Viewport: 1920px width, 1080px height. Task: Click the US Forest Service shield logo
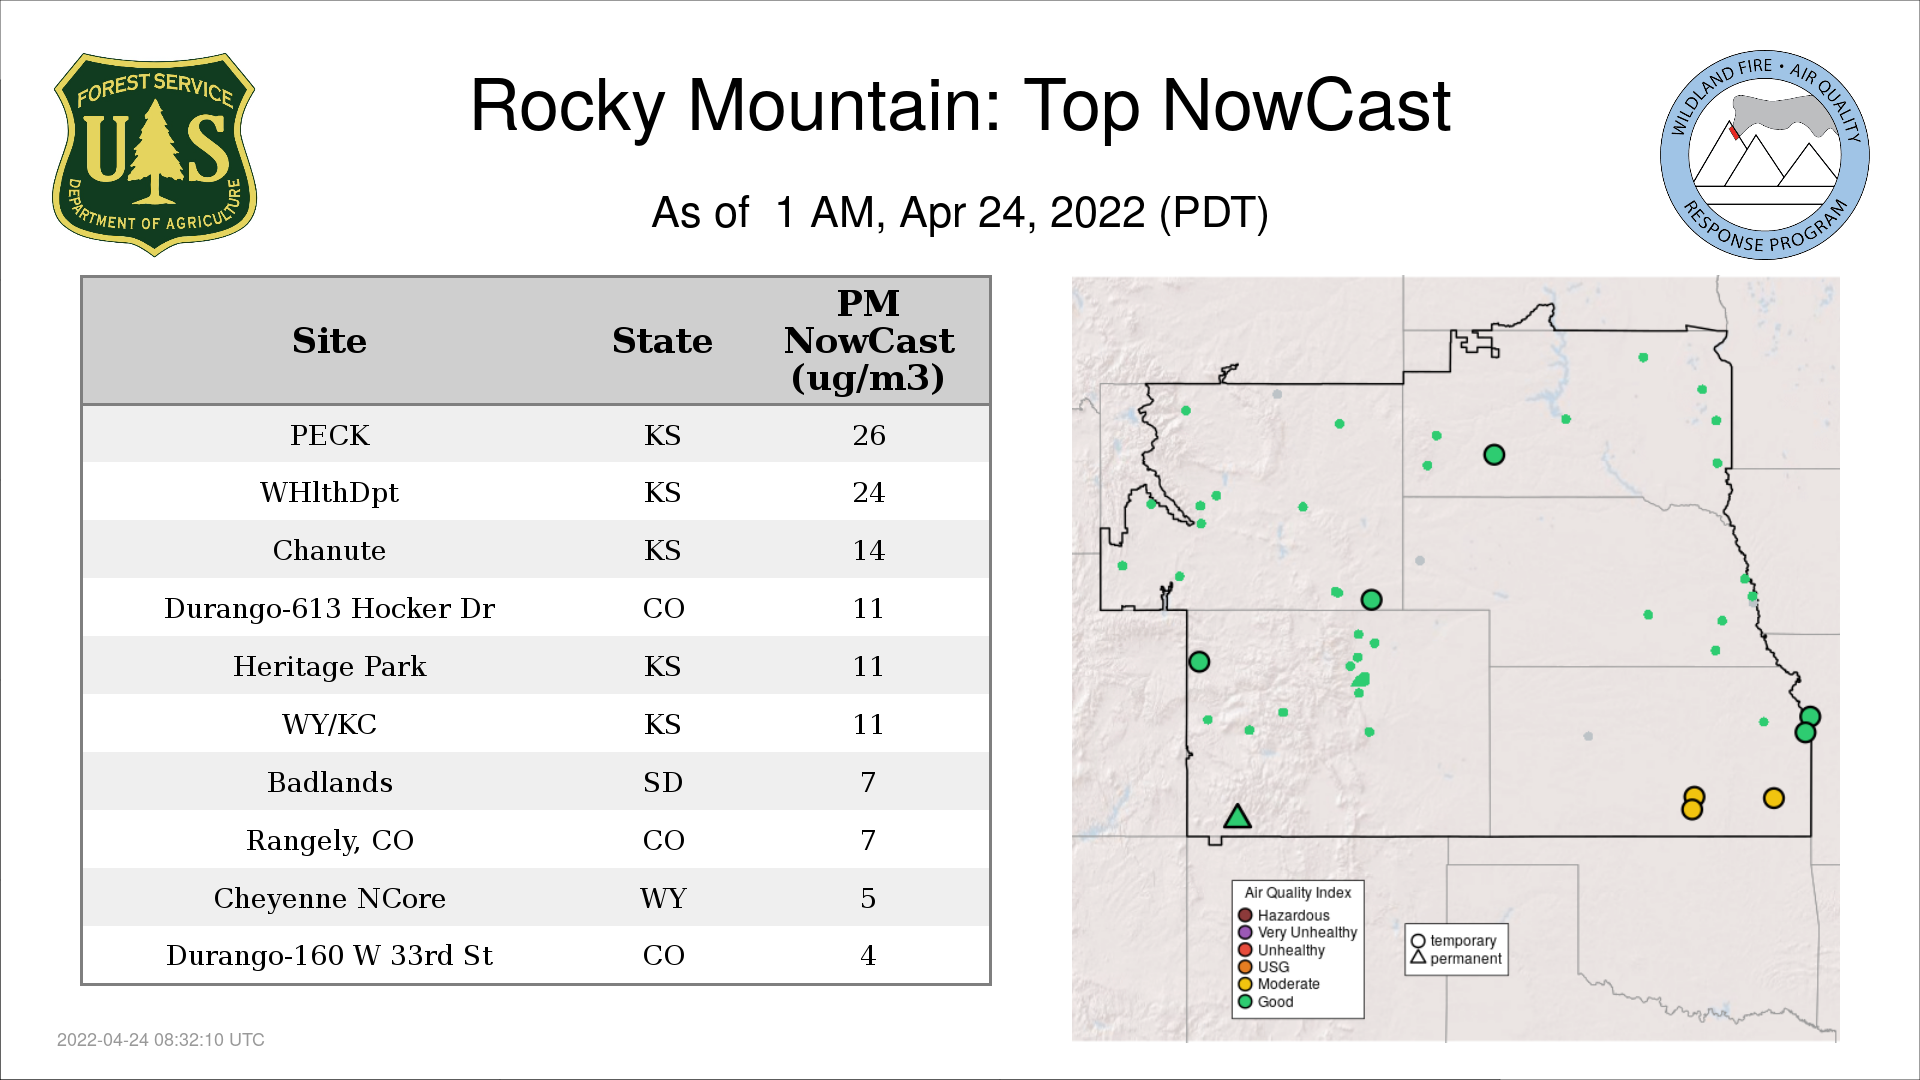coord(154,155)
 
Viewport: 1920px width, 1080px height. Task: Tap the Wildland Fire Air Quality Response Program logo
coord(1765,155)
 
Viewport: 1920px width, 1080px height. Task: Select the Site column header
coord(330,341)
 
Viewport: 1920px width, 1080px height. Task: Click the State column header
coord(662,341)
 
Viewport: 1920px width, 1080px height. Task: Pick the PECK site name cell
coord(330,435)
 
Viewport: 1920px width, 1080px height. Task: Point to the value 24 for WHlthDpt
coord(868,492)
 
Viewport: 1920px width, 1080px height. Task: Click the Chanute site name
coord(330,550)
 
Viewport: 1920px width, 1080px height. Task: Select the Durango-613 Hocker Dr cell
coord(330,608)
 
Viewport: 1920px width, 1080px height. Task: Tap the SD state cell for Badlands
coord(663,782)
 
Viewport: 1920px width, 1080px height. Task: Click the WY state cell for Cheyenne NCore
coord(663,898)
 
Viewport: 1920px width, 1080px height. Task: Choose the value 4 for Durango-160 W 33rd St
coord(868,955)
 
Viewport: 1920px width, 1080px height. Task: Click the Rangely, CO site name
coord(330,840)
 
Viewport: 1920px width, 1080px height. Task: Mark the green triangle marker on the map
coord(1238,818)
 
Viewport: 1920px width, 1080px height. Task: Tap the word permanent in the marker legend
coord(1466,958)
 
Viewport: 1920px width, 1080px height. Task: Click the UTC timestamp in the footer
coord(161,1040)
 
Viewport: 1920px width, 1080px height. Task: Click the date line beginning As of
coord(960,213)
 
